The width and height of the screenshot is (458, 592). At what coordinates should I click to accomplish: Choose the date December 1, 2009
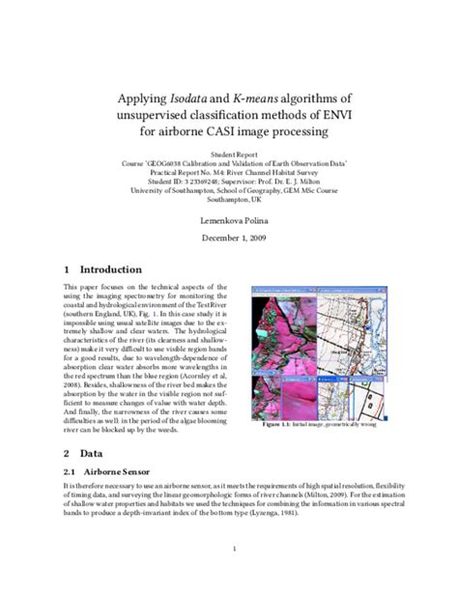[x=229, y=240]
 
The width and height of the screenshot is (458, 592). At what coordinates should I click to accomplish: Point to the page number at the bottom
[x=229, y=549]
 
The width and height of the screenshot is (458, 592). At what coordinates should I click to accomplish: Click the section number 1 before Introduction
[x=65, y=270]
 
